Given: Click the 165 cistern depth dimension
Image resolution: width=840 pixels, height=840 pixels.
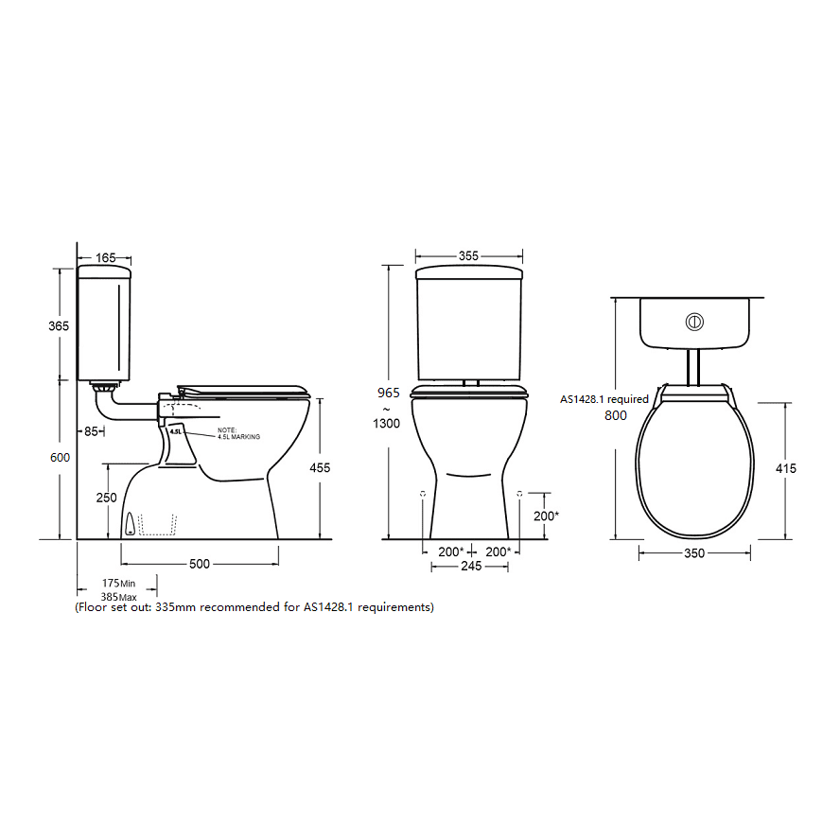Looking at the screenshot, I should click(106, 257).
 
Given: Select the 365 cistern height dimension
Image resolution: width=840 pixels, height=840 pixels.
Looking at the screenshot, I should click(59, 325).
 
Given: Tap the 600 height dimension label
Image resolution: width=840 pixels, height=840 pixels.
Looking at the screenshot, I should click(59, 458).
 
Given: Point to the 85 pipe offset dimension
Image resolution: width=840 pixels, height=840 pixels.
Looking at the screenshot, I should click(92, 432).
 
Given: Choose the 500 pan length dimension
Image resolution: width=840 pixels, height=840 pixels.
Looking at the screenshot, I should click(200, 565).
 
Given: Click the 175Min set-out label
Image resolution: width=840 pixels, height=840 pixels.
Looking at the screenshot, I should click(120, 584).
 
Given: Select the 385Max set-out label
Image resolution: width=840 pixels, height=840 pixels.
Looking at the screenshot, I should click(120, 597).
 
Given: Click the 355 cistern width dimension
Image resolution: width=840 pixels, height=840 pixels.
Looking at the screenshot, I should click(468, 256).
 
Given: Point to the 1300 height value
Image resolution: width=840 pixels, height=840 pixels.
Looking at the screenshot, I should click(388, 424).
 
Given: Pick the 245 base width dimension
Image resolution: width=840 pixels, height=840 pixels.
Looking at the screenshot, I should click(470, 567).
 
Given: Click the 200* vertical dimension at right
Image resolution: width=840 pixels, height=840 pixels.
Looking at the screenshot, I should click(545, 516).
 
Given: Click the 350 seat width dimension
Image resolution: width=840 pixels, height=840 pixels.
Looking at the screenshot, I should click(694, 553).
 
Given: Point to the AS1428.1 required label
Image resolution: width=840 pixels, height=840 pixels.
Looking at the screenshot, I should click(604, 399).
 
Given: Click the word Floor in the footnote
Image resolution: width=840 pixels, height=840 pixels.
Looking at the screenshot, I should click(93, 607).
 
